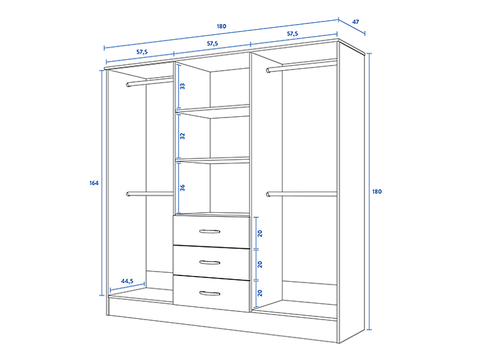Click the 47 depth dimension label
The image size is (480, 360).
pyautogui.click(x=356, y=22)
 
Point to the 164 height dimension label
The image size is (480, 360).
pyautogui.click(x=94, y=183)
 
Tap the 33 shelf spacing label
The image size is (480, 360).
pyautogui.click(x=183, y=86)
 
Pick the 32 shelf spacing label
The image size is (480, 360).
pyautogui.click(x=183, y=136)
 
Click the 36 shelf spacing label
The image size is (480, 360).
pyautogui.click(x=183, y=188)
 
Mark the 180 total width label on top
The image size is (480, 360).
pyautogui.click(x=221, y=27)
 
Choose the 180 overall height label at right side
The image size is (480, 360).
pyautogui.click(x=377, y=191)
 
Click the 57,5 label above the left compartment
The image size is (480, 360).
pyautogui.click(x=141, y=52)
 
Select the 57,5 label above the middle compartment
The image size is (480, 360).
pyautogui.click(x=213, y=44)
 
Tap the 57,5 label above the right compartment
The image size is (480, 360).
pyautogui.click(x=293, y=33)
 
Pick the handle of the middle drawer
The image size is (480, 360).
pyautogui.click(x=210, y=262)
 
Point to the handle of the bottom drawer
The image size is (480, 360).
pyautogui.click(x=210, y=293)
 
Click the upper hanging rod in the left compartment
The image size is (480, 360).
pyautogui.click(x=150, y=81)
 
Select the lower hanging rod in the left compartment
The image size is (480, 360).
pyautogui.click(x=150, y=194)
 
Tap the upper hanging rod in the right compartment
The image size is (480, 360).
pyautogui.click(x=301, y=66)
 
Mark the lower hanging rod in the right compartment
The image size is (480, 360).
pyautogui.click(x=301, y=194)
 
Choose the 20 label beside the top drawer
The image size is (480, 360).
pyautogui.click(x=260, y=233)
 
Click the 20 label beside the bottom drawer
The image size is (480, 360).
pyautogui.click(x=260, y=293)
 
